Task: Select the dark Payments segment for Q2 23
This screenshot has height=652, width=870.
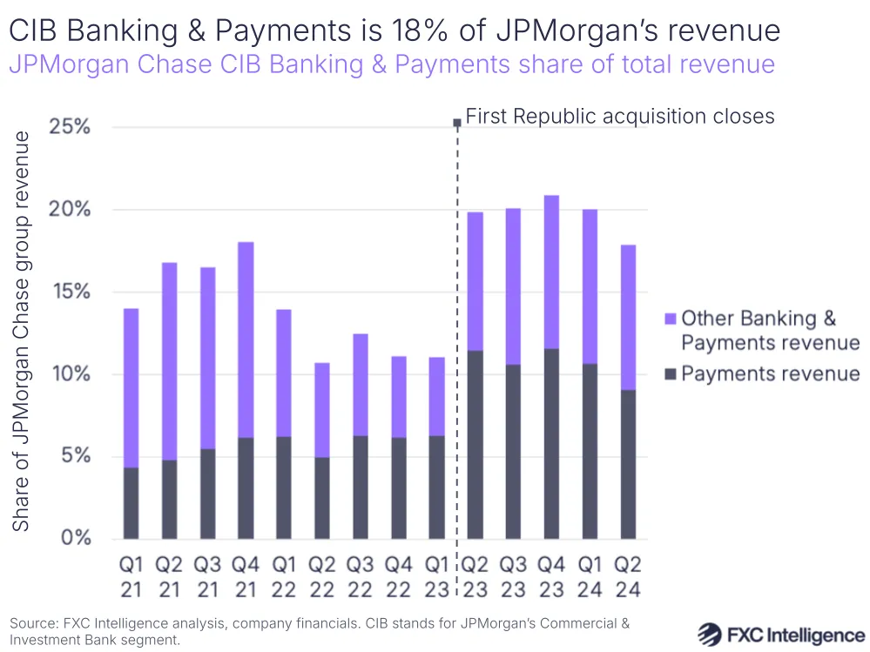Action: [x=475, y=444]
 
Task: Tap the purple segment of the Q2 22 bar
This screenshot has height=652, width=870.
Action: [x=322, y=410]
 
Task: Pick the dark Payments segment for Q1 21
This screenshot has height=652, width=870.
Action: [x=131, y=503]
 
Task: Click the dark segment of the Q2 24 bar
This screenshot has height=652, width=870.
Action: [x=628, y=464]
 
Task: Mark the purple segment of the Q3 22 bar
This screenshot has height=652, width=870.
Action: [x=360, y=385]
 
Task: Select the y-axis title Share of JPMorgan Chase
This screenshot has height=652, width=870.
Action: [x=24, y=331]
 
